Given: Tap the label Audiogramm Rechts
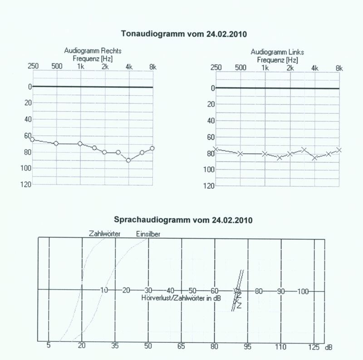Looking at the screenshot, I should point(93,51).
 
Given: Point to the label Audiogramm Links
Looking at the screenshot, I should point(277,52).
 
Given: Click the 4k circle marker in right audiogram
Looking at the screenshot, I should point(129,160).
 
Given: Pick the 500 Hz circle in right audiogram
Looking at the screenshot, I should point(56,143).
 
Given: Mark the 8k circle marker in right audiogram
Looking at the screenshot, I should point(152,148).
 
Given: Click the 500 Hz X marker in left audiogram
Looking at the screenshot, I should point(240,153).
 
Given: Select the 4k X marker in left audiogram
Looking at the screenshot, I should point(314,158).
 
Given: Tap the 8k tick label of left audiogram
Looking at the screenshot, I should point(338,68).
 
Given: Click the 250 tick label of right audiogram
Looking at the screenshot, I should point(33,66).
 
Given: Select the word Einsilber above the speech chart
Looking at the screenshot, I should point(148,234).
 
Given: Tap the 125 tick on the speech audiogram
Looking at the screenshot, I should point(313,346).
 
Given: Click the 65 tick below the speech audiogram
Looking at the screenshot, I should point(181,346).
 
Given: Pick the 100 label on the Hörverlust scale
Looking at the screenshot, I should point(303,291).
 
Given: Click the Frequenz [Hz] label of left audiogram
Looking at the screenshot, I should point(278,59).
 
